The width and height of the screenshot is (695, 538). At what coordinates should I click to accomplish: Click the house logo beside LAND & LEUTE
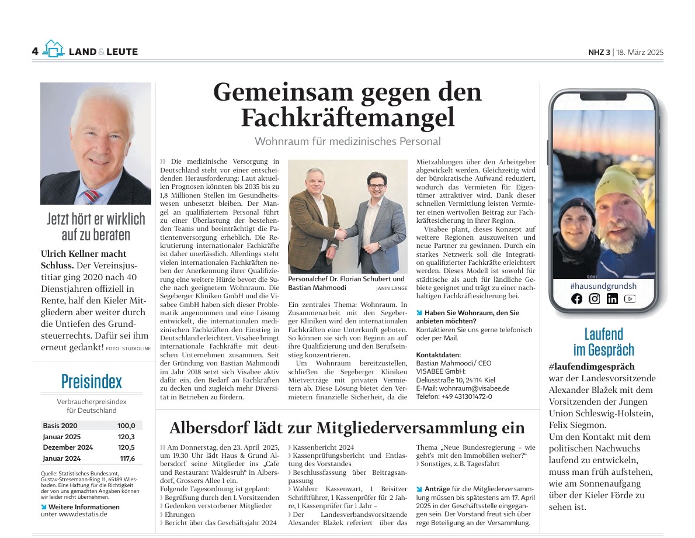tap(53, 49)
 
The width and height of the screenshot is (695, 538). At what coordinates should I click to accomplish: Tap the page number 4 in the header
tap(35, 51)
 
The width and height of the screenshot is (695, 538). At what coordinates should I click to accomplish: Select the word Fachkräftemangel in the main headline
tap(347, 118)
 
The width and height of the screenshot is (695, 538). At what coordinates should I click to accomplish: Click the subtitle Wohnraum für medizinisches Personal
tap(347, 142)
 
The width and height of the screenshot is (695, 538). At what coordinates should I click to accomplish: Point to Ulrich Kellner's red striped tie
tap(91, 195)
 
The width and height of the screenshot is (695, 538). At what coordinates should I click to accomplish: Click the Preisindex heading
tap(92, 382)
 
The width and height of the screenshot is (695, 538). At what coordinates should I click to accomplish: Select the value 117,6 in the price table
tap(127, 458)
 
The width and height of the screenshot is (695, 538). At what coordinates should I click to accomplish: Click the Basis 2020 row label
tap(60, 426)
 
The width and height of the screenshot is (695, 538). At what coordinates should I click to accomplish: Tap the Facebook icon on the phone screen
tap(577, 299)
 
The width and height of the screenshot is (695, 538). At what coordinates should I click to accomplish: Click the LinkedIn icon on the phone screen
tap(612, 299)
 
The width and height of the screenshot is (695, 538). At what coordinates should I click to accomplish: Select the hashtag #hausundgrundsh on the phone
tap(603, 286)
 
